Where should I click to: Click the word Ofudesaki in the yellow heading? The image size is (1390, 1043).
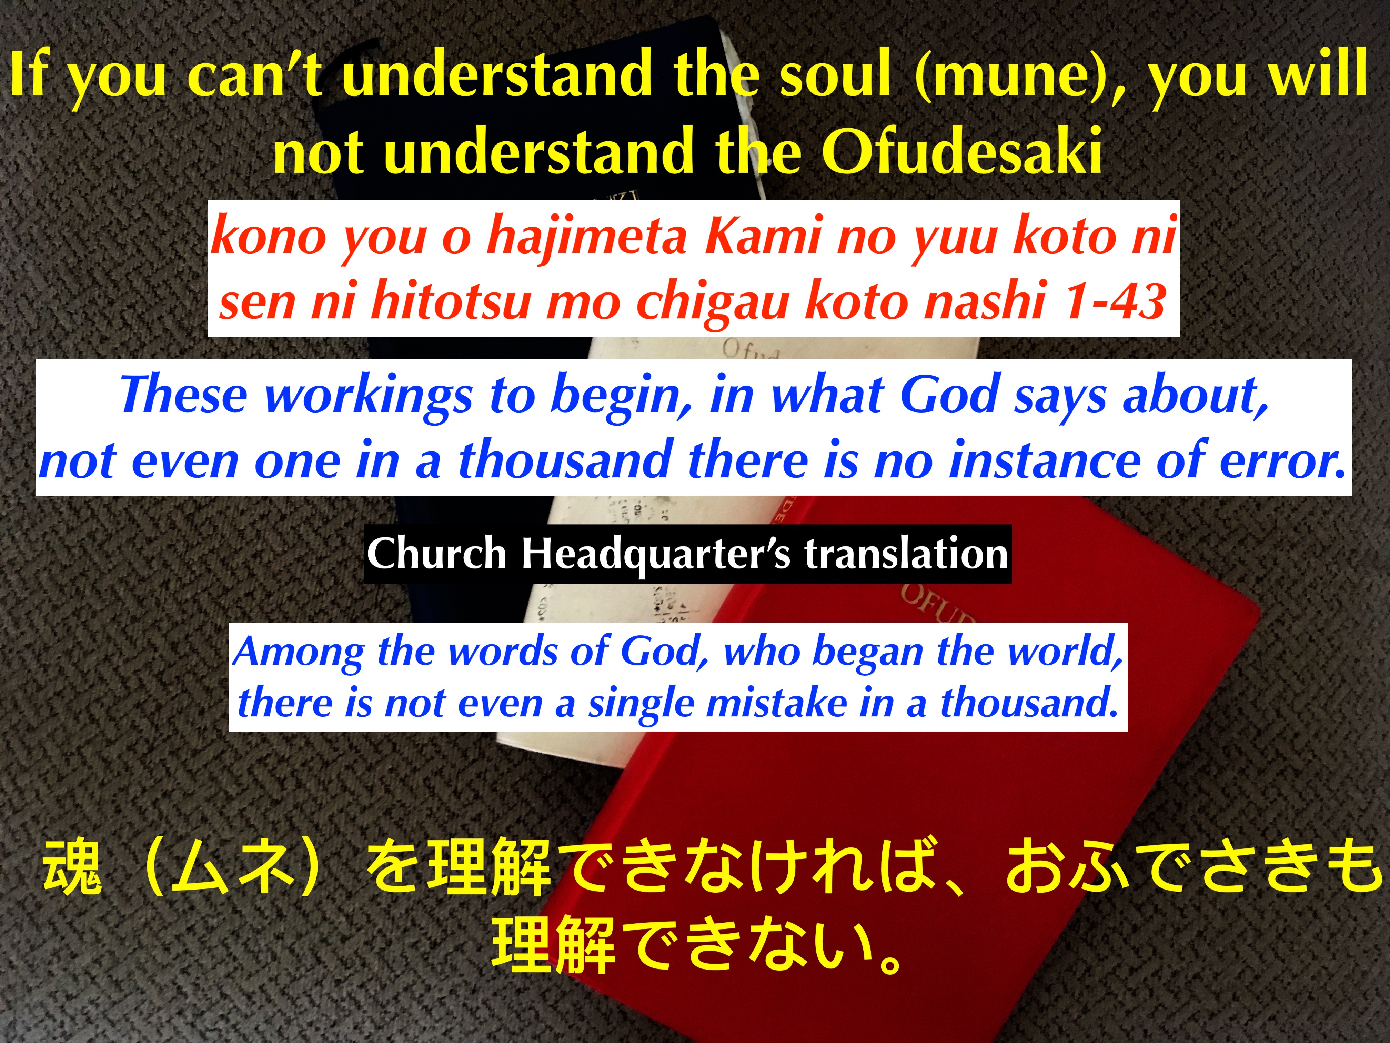[962, 151]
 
